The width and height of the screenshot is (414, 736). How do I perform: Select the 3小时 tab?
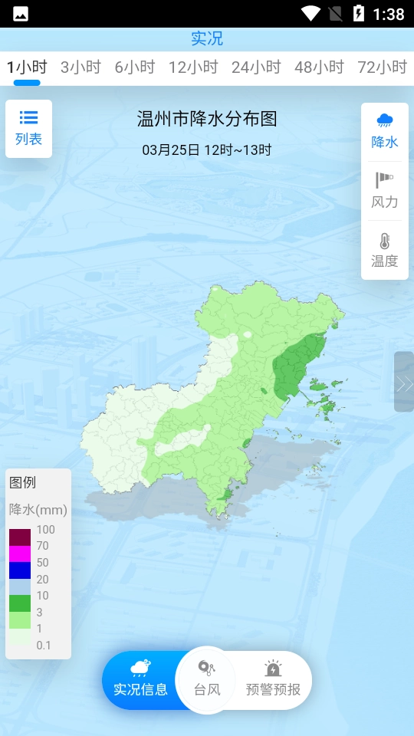click(80, 67)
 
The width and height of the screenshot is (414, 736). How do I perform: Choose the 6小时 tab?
click(135, 67)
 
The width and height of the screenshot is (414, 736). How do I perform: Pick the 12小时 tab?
click(194, 67)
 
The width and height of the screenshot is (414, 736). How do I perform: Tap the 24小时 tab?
click(257, 67)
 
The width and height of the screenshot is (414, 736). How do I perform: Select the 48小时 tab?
click(320, 67)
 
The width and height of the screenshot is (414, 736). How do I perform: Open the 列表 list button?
click(29, 129)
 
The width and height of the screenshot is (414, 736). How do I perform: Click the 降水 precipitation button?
click(385, 130)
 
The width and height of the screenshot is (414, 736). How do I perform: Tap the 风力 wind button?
click(385, 191)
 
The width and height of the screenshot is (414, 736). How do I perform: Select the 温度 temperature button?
click(385, 250)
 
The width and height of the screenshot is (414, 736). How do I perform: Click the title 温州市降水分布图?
click(207, 119)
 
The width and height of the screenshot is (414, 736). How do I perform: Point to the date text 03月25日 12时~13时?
click(207, 150)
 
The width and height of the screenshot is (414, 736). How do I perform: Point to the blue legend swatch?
click(20, 570)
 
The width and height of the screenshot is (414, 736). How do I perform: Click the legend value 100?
click(45, 530)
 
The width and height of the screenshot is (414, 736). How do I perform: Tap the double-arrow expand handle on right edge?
click(404, 383)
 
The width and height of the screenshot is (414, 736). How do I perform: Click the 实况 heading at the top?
click(207, 38)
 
